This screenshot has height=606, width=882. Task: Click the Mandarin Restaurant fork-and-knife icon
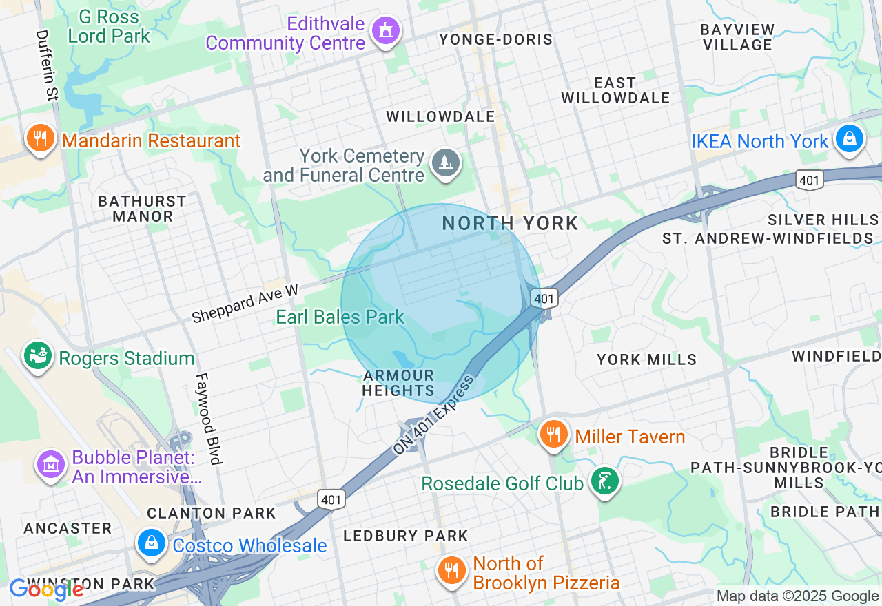pos(40,139)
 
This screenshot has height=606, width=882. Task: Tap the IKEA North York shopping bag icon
pos(849,139)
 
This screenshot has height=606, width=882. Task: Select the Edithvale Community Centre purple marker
pos(386,31)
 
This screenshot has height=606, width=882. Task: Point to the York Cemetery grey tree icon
pos(446,164)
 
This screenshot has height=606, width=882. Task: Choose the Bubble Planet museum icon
pos(50,466)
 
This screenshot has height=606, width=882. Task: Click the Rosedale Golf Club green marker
pos(604,481)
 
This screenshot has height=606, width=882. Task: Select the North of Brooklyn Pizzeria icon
pos(451,572)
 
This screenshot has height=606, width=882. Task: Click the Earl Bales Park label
pos(340,317)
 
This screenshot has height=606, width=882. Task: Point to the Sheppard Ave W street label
pos(245,304)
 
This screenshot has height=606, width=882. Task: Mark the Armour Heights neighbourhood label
pos(399,384)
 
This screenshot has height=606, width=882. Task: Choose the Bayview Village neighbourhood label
pos(737,37)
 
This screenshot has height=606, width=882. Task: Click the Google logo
pos(46,589)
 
